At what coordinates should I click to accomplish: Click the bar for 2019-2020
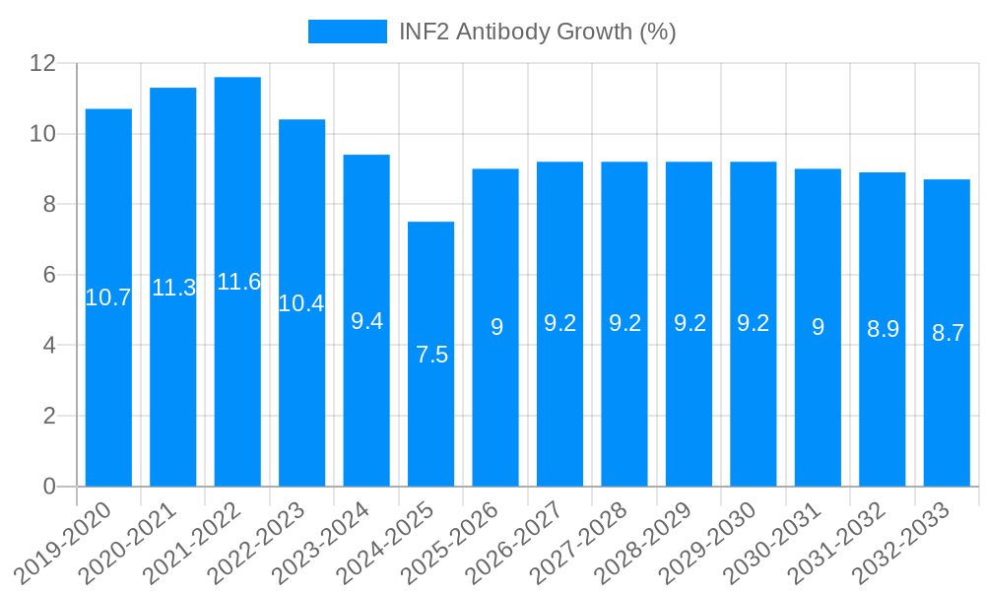click(108, 394)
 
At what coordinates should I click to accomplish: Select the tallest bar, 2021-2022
click(237, 394)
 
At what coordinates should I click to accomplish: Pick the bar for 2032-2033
click(947, 414)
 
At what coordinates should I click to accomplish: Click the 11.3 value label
click(173, 288)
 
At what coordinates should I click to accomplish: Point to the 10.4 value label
click(301, 303)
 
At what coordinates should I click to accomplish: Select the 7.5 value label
click(431, 356)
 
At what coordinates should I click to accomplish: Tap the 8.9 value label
click(883, 330)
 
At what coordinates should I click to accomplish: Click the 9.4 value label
click(366, 321)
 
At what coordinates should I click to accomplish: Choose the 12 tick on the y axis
click(43, 63)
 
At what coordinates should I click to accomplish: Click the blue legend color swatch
click(347, 32)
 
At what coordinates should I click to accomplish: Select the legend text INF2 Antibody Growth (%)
click(537, 32)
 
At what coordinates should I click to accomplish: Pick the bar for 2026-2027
click(559, 414)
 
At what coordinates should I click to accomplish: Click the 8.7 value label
click(948, 333)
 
